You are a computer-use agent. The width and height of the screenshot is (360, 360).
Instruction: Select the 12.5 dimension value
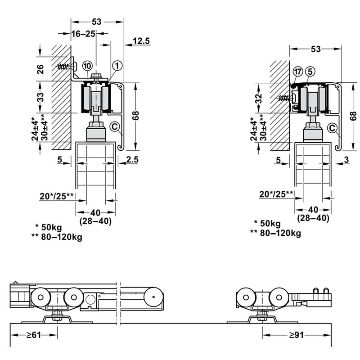click(x=141, y=41)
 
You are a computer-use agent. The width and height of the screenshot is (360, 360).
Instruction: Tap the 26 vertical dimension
click(x=40, y=69)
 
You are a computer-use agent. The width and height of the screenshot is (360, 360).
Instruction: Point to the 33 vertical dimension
click(x=40, y=97)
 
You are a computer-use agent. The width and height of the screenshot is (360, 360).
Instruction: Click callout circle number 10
click(x=88, y=65)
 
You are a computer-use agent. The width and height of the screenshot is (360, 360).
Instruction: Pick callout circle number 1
click(x=117, y=66)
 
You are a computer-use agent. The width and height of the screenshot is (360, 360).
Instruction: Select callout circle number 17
click(x=297, y=72)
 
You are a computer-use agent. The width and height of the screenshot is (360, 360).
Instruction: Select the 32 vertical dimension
click(x=258, y=99)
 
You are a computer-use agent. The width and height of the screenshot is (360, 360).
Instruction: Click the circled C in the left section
click(x=114, y=127)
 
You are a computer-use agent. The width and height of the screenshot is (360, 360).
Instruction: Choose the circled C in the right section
click(x=333, y=128)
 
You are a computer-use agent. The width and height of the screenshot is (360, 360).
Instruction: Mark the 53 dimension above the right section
click(x=316, y=49)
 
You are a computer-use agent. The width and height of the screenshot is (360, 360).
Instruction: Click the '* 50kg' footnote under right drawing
click(x=267, y=224)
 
